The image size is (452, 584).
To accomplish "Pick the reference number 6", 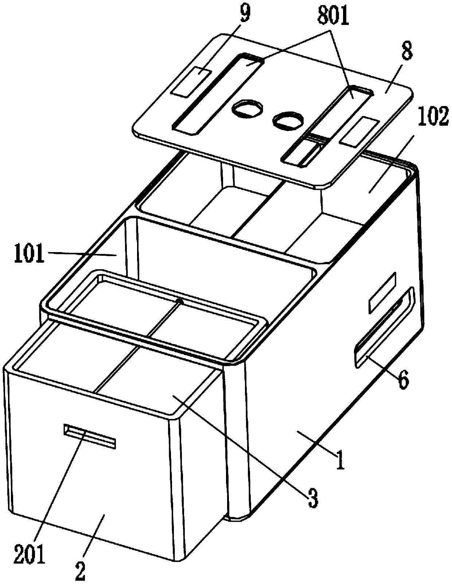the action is click(x=402, y=380).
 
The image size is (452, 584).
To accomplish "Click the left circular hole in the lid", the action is click(x=248, y=109).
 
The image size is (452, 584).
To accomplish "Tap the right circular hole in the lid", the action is click(x=289, y=120).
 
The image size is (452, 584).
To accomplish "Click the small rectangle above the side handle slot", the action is click(x=382, y=293).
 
